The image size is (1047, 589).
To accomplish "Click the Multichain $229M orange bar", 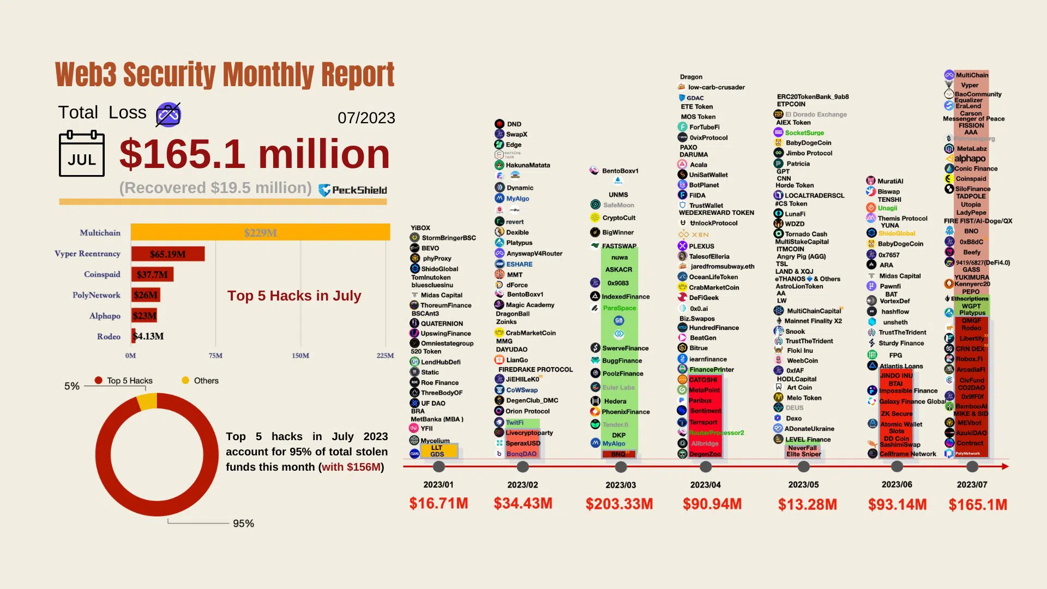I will (260, 233).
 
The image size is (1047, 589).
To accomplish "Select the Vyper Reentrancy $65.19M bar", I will (168, 254).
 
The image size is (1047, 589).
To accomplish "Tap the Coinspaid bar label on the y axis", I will (102, 274).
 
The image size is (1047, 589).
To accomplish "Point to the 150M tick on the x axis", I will (300, 356).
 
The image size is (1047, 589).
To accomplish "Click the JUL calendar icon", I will (82, 154).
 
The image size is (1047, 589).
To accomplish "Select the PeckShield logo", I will (353, 190).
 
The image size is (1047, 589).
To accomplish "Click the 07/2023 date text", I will (366, 118).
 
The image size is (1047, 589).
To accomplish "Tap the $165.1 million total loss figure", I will (254, 154).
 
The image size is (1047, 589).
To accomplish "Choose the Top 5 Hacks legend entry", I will (124, 381).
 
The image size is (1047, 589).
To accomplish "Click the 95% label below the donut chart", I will (243, 524).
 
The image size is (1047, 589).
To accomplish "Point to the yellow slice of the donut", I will (147, 402).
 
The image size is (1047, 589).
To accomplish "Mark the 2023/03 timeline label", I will (620, 485).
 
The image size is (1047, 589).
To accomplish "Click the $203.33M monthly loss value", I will (619, 504).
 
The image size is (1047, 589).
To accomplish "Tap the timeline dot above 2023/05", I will (803, 467).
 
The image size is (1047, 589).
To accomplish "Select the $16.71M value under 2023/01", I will (438, 503).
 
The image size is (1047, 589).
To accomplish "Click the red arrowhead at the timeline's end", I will (1005, 466).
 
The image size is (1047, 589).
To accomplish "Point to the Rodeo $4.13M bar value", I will (149, 336).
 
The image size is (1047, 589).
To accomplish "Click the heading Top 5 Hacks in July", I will (294, 296).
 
